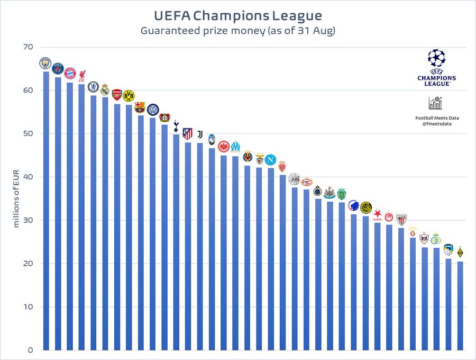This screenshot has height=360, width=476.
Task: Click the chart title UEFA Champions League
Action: coord(237,14)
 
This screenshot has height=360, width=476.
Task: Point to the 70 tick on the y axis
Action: coord(28,47)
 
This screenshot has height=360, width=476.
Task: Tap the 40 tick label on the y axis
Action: coord(28,177)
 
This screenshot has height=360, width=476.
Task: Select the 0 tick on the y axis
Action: coord(31,350)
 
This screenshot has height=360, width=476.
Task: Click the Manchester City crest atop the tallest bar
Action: coord(45,64)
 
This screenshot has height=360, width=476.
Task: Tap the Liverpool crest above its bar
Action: coord(82,76)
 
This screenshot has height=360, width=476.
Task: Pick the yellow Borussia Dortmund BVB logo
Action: coord(129,95)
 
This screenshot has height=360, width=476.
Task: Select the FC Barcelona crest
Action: coord(140,107)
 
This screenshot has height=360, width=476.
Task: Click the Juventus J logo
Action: coord(200,134)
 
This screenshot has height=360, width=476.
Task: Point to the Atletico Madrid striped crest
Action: coord(188,133)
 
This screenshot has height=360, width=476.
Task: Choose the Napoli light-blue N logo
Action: coord(270,159)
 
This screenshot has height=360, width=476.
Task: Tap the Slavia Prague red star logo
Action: coord(378,215)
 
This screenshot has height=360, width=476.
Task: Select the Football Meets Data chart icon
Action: coord(436,103)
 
